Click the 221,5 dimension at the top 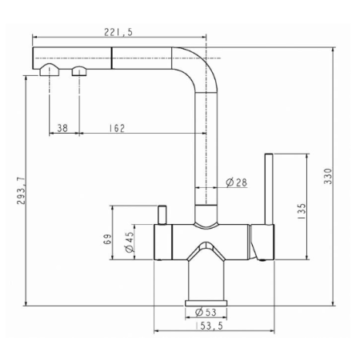pyautogui.click(x=118, y=32)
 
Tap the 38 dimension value pyautogui.click(x=62, y=128)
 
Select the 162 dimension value pyautogui.click(x=117, y=128)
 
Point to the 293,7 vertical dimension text pyautogui.click(x=21, y=190)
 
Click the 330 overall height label pyautogui.click(x=328, y=176)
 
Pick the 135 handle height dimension pyautogui.click(x=302, y=211)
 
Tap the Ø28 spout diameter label pyautogui.click(x=237, y=182)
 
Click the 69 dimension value pyautogui.click(x=107, y=239)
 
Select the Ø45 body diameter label pyautogui.click(x=129, y=242)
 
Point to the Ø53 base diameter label pyautogui.click(x=206, y=312)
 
